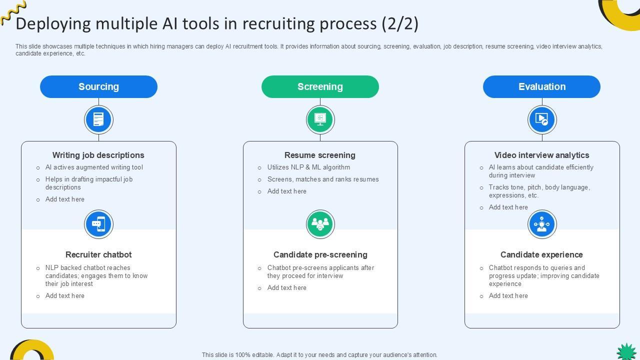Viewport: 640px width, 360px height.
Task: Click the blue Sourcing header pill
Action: [98, 86]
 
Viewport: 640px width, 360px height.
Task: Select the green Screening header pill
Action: [320, 86]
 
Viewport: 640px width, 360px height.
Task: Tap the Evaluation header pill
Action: [541, 86]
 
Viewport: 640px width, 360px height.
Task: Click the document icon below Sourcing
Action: [98, 120]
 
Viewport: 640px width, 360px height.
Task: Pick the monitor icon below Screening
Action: [320, 120]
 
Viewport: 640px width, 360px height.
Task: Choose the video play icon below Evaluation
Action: [542, 120]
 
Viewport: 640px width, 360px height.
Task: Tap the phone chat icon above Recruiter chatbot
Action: [98, 224]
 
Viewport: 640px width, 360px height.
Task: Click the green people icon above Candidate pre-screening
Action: [320, 224]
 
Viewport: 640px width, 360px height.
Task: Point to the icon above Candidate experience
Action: [542, 224]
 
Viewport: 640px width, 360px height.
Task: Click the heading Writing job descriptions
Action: [98, 155]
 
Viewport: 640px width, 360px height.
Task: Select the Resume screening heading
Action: [320, 155]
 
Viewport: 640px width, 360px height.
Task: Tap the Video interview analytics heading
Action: [541, 155]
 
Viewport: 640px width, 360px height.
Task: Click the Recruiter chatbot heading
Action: [98, 254]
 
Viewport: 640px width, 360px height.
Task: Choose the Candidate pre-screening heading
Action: [320, 254]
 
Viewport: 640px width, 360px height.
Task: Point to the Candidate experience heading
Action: [541, 254]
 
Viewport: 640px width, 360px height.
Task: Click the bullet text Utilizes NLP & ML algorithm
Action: [308, 167]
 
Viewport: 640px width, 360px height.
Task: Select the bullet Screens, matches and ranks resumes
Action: [323, 179]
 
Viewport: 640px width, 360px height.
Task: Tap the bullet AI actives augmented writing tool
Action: [94, 167]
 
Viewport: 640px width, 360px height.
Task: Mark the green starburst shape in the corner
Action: [626, 351]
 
